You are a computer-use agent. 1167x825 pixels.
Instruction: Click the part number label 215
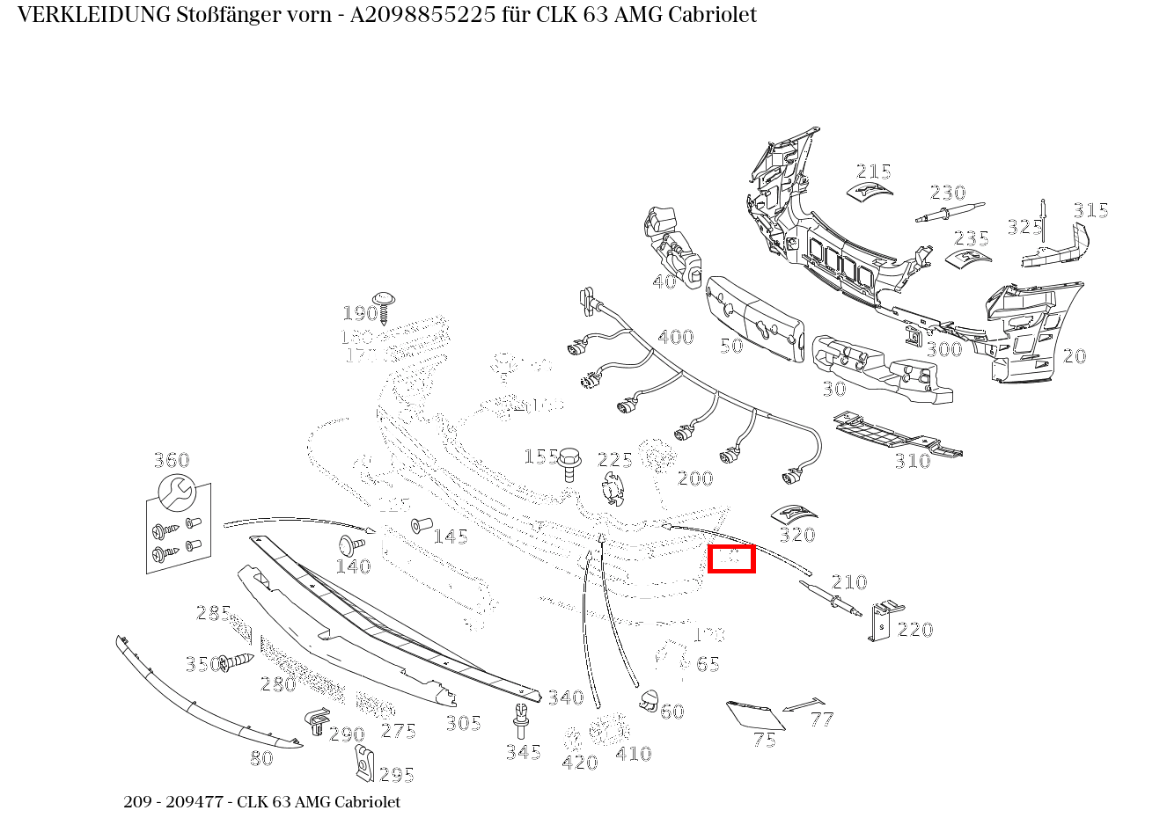pyautogui.click(x=873, y=172)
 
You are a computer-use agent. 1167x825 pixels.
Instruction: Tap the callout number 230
pyautogui.click(x=947, y=193)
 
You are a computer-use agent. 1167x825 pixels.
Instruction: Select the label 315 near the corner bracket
pyautogui.click(x=1090, y=210)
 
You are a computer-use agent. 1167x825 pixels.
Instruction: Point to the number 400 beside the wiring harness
pyautogui.click(x=675, y=337)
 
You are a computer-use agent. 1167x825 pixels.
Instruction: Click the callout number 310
pyautogui.click(x=912, y=461)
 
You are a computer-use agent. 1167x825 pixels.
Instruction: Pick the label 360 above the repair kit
pyautogui.click(x=171, y=460)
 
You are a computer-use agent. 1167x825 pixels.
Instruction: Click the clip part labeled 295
pyautogui.click(x=363, y=763)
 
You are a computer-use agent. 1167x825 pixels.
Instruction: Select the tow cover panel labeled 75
pyautogui.click(x=754, y=713)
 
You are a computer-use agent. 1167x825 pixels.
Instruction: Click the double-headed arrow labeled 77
pyautogui.click(x=803, y=705)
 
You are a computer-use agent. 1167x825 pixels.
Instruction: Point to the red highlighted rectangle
pyautogui.click(x=731, y=559)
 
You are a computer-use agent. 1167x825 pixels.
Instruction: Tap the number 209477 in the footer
pyautogui.click(x=193, y=802)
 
